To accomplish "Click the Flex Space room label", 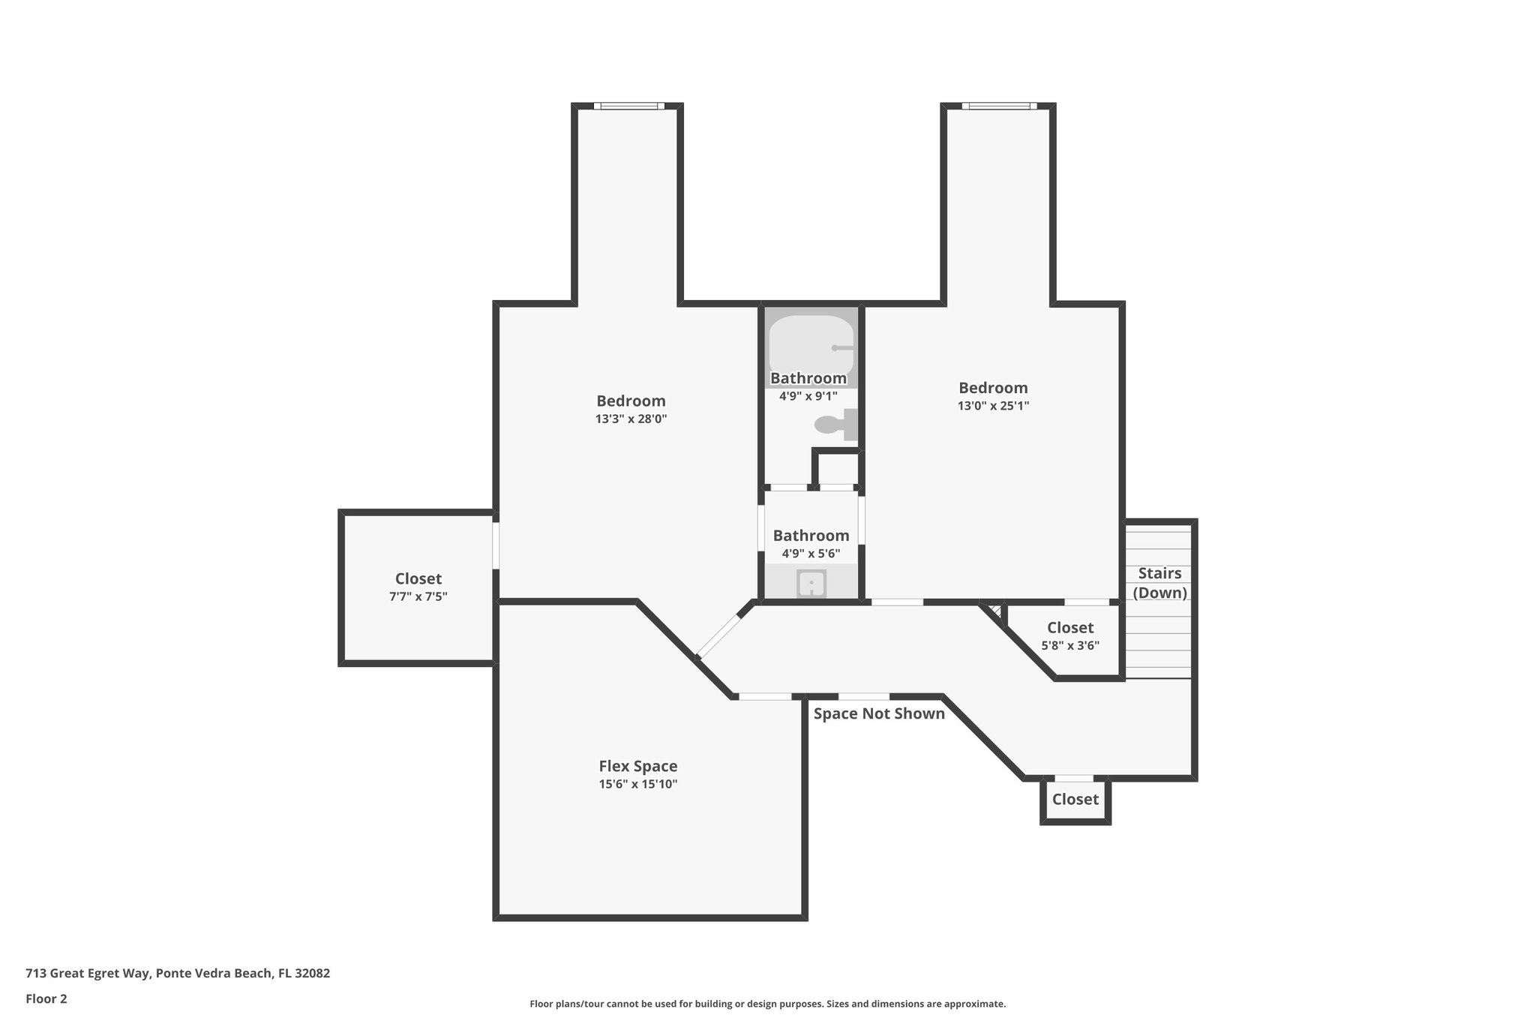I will pos(637,766).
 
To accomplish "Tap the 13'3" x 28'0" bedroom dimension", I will pos(631,419).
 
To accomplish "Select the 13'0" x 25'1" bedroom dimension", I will pos(993,406).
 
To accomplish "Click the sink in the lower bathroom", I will pos(811,584).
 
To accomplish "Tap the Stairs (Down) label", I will pos(1159,583).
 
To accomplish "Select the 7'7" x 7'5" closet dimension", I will pos(418,596).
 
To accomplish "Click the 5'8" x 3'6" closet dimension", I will pos(1070,645).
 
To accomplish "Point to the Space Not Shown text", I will pos(879,713).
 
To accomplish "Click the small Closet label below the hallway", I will pos(1075,799).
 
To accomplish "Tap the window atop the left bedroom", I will pos(628,106).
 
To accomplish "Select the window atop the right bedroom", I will pos(999,106).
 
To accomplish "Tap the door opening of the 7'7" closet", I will pos(496,545).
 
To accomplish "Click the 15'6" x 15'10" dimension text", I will pos(637,785).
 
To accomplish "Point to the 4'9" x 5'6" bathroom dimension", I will pos(811,554).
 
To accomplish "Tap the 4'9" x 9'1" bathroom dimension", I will pos(808,396).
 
